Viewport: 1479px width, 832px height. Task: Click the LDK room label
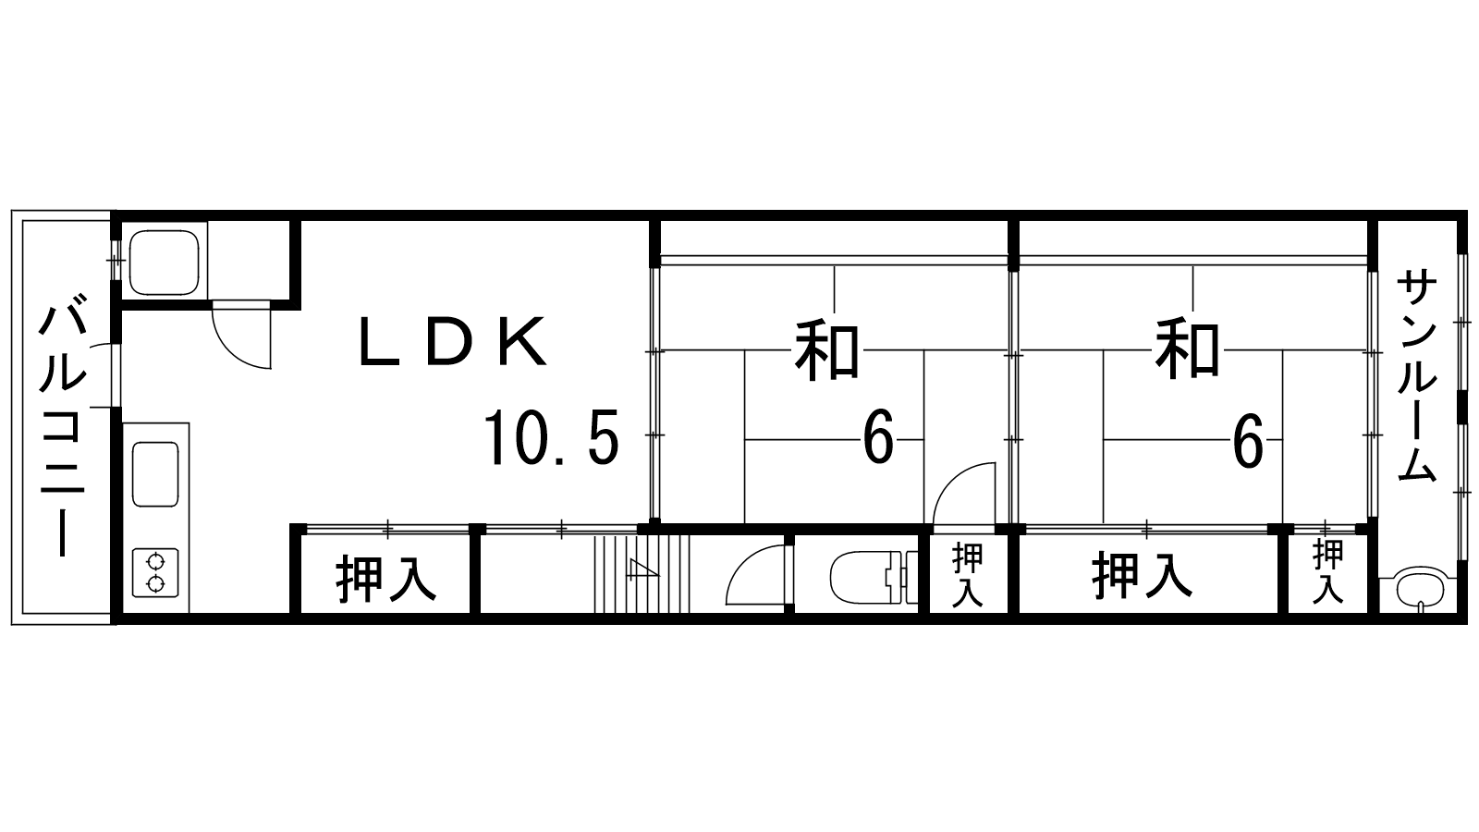pyautogui.click(x=452, y=343)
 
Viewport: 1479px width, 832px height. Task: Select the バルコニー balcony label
pyautogui.click(x=62, y=426)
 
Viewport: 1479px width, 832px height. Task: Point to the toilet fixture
pyautogui.click(x=870, y=575)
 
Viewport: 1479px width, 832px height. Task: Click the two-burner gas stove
pyautogui.click(x=154, y=571)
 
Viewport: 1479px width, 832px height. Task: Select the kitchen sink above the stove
pyautogui.click(x=155, y=473)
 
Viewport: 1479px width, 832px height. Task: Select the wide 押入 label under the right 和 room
pyautogui.click(x=1143, y=575)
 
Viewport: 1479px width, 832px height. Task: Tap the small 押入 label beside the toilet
pyautogui.click(x=968, y=574)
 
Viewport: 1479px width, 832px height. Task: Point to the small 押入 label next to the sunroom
pyautogui.click(x=1328, y=572)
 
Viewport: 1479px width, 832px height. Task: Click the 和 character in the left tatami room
pyautogui.click(x=828, y=350)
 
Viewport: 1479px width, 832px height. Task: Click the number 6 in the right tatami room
pyautogui.click(x=1247, y=441)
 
